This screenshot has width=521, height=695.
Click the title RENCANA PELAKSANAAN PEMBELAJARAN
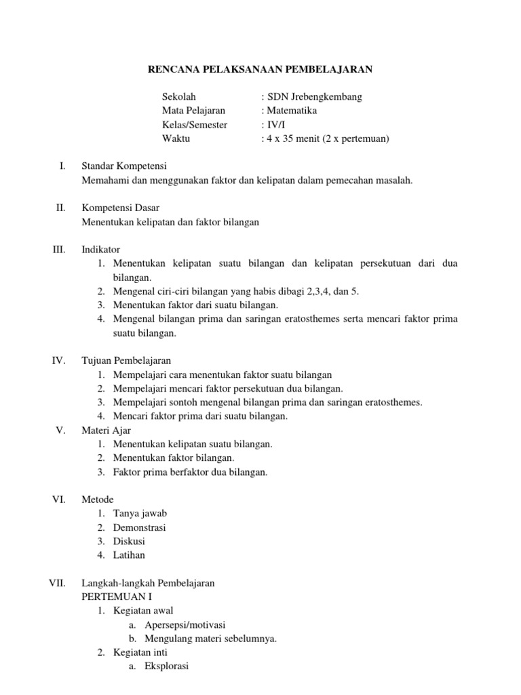click(260, 69)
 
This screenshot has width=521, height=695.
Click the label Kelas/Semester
click(195, 125)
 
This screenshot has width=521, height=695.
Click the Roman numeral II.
click(60, 208)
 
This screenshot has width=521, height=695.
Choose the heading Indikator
click(100, 250)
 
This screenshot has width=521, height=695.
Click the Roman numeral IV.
click(58, 360)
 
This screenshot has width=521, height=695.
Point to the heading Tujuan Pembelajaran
click(126, 360)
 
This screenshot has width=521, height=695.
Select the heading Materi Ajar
click(106, 430)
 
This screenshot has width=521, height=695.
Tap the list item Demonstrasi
click(140, 527)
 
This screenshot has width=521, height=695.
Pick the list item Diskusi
click(129, 541)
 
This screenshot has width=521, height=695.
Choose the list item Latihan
click(130, 555)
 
